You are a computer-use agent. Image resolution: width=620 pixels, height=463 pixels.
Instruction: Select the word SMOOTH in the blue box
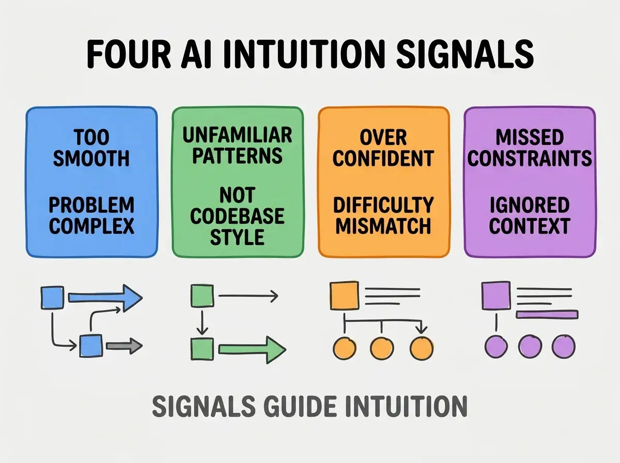click(x=91, y=158)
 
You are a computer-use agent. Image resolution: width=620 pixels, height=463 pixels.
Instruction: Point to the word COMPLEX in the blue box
click(x=91, y=226)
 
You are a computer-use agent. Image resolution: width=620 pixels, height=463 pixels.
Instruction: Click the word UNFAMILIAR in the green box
click(x=237, y=135)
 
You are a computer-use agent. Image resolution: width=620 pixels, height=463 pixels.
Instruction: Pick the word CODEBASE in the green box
click(x=237, y=216)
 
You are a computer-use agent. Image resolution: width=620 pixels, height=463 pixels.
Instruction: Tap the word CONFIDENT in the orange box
click(x=383, y=158)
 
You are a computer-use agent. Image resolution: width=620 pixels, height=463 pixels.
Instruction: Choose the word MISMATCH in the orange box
click(x=383, y=226)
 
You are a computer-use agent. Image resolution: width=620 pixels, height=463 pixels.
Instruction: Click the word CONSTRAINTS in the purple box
click(x=530, y=158)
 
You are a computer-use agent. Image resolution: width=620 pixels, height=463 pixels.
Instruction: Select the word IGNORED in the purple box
click(x=530, y=205)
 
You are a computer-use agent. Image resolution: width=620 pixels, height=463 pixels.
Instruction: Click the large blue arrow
click(x=105, y=298)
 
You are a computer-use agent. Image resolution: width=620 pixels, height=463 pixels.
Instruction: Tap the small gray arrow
click(x=124, y=346)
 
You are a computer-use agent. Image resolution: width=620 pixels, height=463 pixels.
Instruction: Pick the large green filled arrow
click(x=252, y=350)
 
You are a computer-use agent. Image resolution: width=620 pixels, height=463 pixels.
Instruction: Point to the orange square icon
click(x=345, y=296)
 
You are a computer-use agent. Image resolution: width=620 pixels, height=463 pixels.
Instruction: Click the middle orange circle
click(x=382, y=348)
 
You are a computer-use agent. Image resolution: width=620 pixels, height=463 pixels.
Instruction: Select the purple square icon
click(x=497, y=296)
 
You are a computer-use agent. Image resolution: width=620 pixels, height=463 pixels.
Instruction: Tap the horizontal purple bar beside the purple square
click(x=547, y=314)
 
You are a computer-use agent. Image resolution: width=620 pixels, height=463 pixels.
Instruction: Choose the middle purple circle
click(x=530, y=346)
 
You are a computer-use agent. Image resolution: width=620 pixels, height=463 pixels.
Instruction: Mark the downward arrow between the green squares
click(x=202, y=322)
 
